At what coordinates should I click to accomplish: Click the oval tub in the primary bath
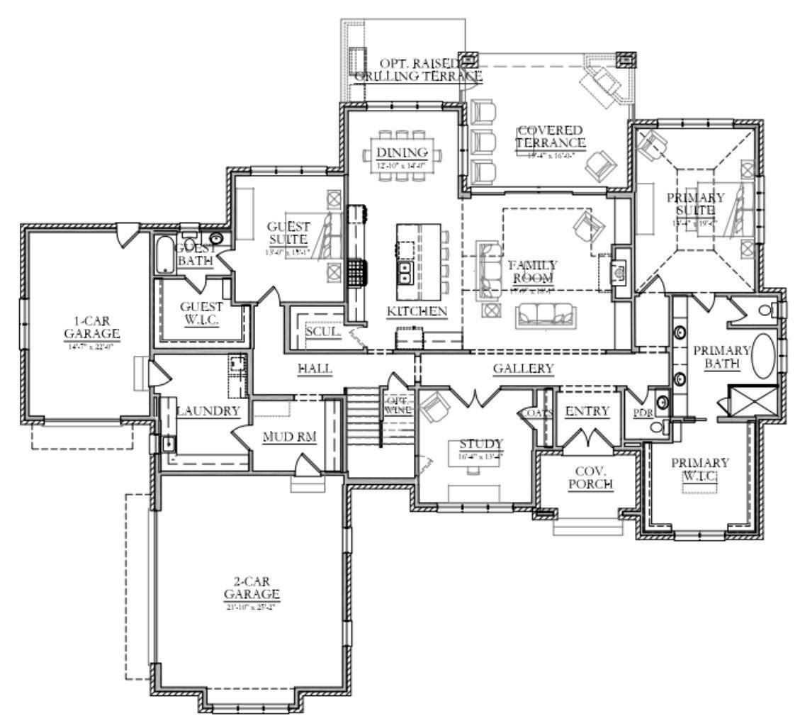pyautogui.click(x=764, y=355)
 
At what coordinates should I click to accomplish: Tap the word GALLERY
pyautogui.click(x=523, y=369)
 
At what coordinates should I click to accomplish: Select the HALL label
pyautogui.click(x=315, y=369)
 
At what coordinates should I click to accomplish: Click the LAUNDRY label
pyautogui.click(x=208, y=411)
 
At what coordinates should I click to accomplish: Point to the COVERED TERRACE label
pyautogui.click(x=550, y=138)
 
